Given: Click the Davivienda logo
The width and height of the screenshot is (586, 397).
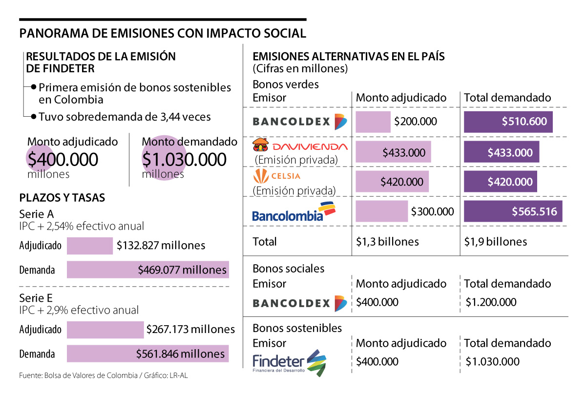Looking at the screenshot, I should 299,146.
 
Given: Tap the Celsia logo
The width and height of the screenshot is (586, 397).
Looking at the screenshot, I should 276,176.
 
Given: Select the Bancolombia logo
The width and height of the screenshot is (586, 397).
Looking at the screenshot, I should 293,212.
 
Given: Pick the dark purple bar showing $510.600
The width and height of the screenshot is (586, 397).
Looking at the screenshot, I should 508,122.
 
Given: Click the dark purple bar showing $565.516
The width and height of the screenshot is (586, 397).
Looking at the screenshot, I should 513,212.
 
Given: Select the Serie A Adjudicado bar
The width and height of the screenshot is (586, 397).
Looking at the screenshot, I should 90,246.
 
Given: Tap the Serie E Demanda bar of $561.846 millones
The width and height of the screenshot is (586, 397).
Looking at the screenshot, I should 148,354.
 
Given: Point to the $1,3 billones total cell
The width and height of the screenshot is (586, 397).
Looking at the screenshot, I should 387,242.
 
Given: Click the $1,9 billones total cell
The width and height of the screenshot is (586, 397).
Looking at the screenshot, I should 495,242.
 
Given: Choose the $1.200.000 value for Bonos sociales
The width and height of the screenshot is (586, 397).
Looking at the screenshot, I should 491,302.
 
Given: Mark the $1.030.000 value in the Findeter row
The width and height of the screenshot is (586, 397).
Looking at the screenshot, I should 492,362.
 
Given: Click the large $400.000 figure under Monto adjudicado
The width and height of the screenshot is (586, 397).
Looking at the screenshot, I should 63,160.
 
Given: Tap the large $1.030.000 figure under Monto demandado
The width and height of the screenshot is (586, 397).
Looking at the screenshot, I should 184,160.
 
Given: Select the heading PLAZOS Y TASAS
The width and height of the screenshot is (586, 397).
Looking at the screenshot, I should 62,198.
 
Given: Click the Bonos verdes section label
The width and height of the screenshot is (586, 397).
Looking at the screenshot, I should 286,84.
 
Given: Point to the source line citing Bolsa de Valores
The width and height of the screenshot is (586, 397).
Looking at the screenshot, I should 103,376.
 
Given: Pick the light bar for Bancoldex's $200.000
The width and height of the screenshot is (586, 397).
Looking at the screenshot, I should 373,122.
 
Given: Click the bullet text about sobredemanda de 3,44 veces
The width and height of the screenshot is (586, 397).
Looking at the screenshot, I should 125,117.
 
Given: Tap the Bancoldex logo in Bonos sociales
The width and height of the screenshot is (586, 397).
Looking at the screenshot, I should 299,303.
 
